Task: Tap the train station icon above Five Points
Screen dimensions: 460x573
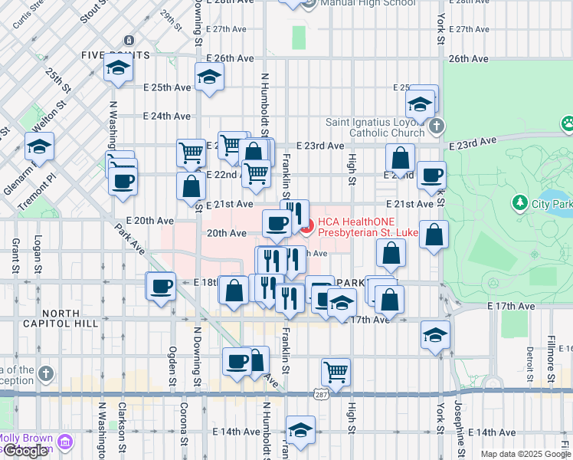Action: click(x=128, y=40)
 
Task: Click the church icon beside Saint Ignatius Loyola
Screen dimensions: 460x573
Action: click(x=436, y=126)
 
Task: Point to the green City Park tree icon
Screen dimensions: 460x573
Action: click(x=520, y=202)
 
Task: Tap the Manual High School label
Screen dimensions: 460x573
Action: click(x=367, y=3)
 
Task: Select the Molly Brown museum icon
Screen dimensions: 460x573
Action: click(x=65, y=442)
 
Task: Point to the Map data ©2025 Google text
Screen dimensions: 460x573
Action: click(x=526, y=454)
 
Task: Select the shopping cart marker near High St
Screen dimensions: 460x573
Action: click(x=336, y=373)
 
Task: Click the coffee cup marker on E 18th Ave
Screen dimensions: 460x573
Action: click(x=161, y=287)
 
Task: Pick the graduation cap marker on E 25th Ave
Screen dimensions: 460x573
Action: click(x=208, y=77)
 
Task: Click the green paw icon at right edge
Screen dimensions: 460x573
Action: click(x=568, y=123)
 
